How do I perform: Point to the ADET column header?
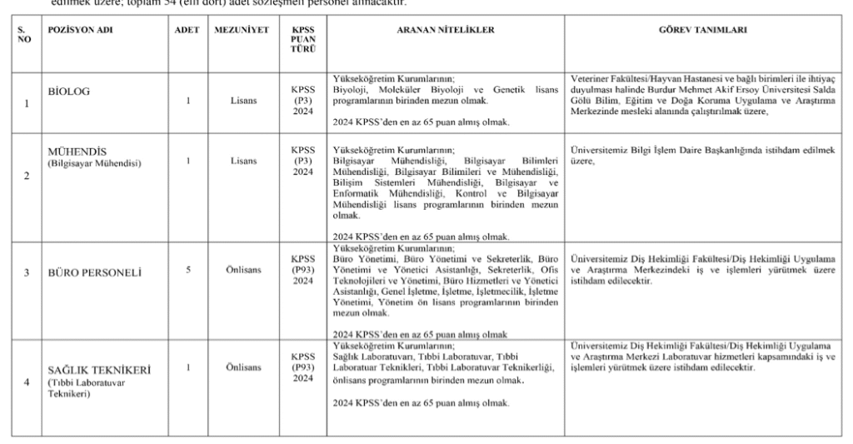click(184, 30)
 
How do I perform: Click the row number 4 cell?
click(26, 382)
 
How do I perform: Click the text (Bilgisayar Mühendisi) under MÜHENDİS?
click(93, 163)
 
